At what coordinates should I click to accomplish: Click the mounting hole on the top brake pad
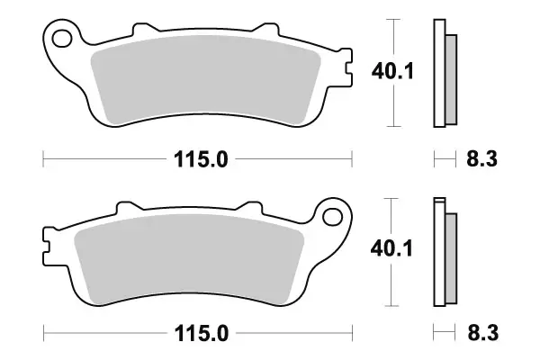63,40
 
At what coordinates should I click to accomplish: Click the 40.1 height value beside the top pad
393,70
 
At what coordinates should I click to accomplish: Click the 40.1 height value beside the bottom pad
393,250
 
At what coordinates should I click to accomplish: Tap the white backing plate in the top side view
439,72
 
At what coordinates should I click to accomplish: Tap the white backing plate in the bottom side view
439,252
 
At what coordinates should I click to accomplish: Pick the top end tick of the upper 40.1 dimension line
392,18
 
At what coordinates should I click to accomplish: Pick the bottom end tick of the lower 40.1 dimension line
392,306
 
